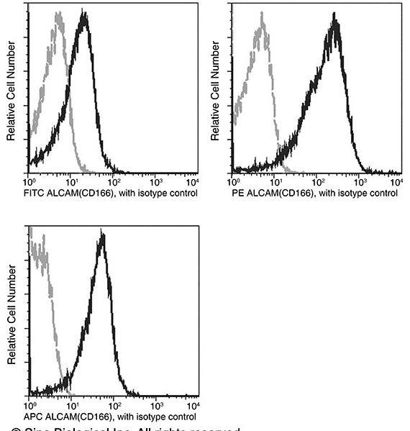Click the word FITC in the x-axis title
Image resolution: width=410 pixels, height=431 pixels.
pyautogui.click(x=35, y=194)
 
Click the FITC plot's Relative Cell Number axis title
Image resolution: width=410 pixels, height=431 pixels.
pyautogui.click(x=11, y=91)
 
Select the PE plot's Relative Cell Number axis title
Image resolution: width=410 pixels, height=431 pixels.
pyautogui.click(x=216, y=91)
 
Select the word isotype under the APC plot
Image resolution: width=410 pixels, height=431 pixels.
pyautogui.click(x=151, y=416)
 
